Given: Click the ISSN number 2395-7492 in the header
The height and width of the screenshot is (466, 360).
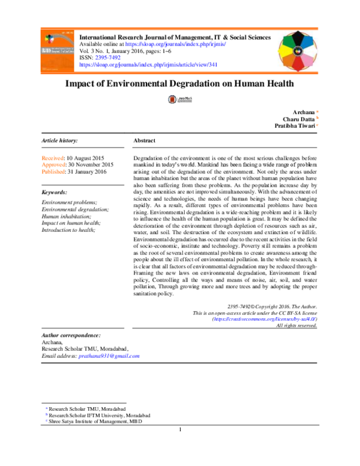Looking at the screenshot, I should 106,57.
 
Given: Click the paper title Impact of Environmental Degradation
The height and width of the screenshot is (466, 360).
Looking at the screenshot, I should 179,85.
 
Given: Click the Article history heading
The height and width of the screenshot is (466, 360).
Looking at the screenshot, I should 59,140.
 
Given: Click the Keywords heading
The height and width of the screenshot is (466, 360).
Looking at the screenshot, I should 54,192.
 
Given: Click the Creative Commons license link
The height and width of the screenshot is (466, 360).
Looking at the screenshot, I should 265,319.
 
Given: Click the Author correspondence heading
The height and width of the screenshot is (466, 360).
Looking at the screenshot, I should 71,334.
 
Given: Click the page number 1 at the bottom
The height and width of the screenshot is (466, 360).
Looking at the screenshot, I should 180,430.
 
